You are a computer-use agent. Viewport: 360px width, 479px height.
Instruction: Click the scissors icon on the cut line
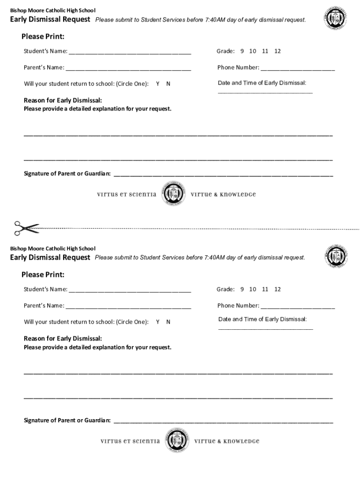pos(26,228)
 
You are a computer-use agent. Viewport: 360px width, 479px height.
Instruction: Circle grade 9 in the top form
pos(242,51)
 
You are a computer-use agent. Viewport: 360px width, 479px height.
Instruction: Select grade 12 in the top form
pos(278,51)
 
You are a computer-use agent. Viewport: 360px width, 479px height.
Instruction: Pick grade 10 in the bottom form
pos(252,289)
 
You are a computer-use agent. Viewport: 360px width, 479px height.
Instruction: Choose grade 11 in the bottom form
pos(265,289)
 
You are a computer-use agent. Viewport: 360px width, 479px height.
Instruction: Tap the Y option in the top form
pos(158,84)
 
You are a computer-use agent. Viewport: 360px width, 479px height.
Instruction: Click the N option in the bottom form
pos(168,322)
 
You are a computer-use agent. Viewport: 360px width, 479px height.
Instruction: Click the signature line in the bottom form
pos(223,422)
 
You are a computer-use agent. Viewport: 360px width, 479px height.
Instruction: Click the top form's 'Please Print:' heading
pos(43,36)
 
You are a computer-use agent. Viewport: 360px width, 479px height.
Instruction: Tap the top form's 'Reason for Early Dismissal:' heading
pos(63,101)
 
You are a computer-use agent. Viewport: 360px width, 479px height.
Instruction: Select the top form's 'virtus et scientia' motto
pos(126,195)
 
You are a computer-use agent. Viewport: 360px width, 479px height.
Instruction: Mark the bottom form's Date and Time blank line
pos(266,329)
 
